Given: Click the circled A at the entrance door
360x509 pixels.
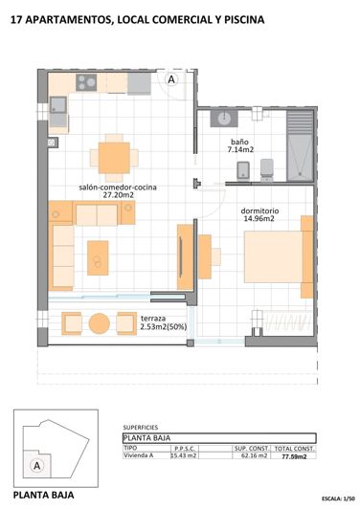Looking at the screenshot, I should click(171, 80).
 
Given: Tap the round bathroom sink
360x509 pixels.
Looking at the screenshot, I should click(224, 119).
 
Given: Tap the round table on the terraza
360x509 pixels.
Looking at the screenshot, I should click(101, 323).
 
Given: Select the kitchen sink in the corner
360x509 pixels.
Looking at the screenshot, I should click(57, 104).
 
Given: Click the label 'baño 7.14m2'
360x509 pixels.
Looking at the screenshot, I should click(239, 144).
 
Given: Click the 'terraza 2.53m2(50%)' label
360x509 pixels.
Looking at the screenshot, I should click(163, 321).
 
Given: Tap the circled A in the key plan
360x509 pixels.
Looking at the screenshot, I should click(37, 465).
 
